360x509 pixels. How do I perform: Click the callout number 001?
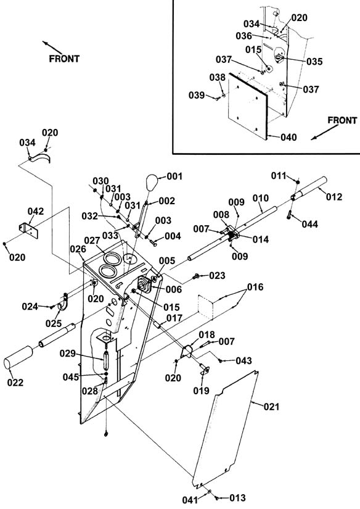174,176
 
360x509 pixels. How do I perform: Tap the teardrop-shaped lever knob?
152,183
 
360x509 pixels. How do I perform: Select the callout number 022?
15,383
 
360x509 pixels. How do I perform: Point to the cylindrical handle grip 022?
18,357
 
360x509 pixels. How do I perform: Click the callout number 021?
271,407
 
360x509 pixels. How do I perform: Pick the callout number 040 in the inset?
288,138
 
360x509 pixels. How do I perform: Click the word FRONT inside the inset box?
342,120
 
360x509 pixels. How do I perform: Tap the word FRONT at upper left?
64,59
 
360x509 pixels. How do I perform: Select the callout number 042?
36,212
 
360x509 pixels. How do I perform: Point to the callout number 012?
334,197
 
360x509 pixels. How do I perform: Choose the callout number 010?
261,198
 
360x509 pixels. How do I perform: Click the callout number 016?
255,288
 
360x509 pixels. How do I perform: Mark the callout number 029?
67,354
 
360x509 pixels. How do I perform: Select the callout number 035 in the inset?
314,61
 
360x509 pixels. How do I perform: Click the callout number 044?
309,224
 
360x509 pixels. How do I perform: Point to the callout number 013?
237,498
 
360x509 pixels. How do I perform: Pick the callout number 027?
92,241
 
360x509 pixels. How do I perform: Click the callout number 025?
54,323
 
